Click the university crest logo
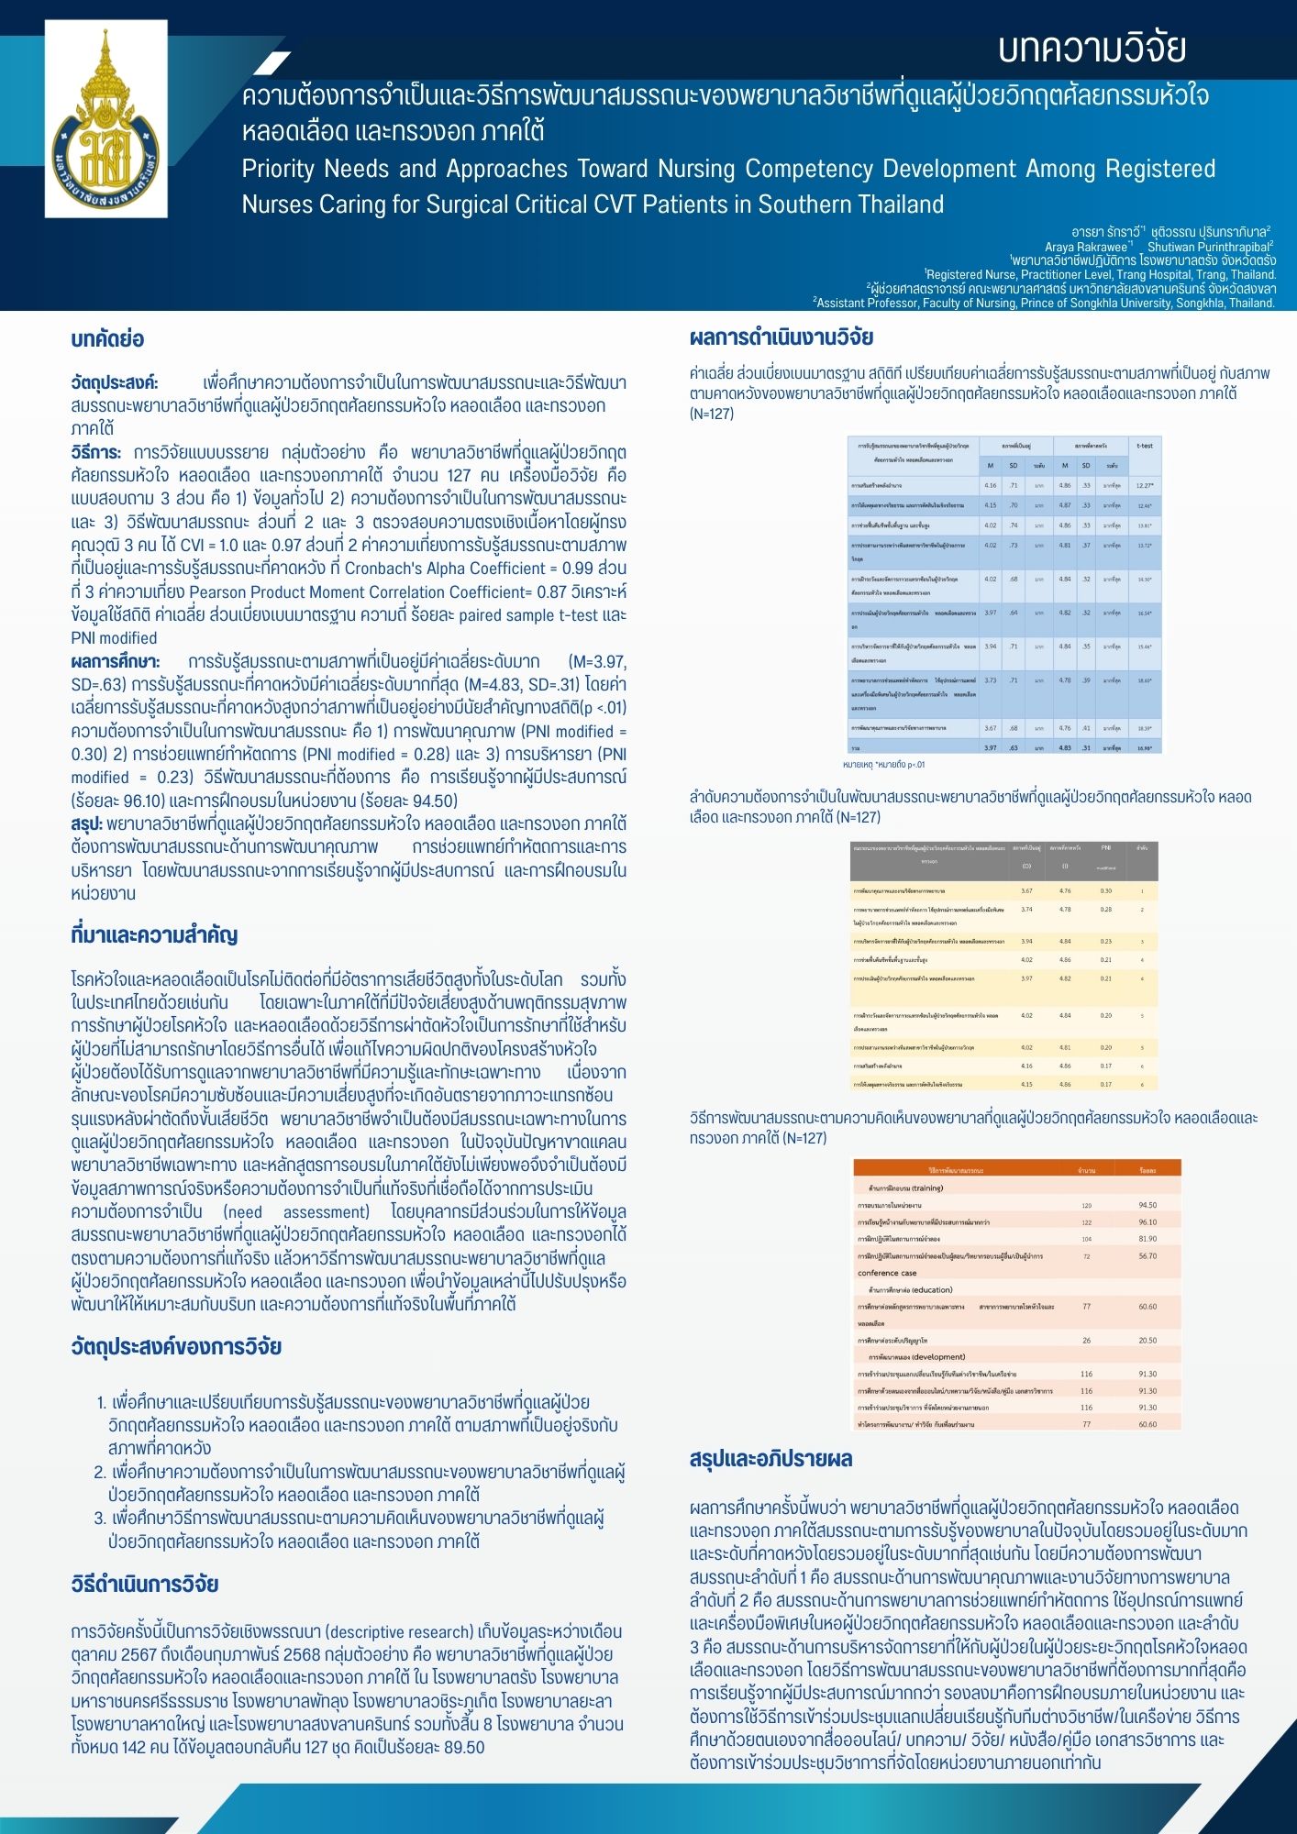pos(105,119)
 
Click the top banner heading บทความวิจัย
pos(1092,49)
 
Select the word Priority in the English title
pos(277,170)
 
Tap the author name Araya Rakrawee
pos(1086,247)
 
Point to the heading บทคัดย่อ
pos(107,339)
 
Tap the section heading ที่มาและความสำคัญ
pos(154,935)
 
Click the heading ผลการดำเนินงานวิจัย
pos(782,337)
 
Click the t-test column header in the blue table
pos(1145,446)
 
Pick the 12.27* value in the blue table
pos(1145,485)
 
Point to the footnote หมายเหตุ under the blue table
pos(883,764)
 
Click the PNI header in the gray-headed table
pos(1106,848)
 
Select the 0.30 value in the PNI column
pos(1106,890)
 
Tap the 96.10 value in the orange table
pos(1147,1222)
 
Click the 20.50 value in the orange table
pos(1147,1341)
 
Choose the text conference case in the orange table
pos(887,1273)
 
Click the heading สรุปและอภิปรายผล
pos(771,1459)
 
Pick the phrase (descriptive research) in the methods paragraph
pos(399,1632)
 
